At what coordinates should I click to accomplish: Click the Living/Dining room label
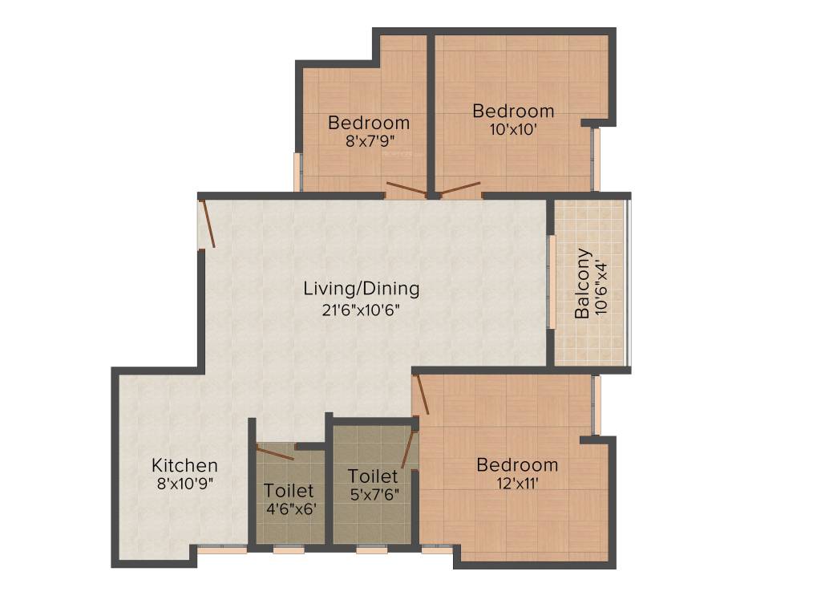click(x=361, y=288)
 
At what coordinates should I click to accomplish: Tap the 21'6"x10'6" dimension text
click(x=361, y=309)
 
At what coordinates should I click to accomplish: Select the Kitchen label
click(x=184, y=465)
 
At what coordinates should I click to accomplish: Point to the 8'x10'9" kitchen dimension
click(x=184, y=484)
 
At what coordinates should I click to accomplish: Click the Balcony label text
click(x=583, y=284)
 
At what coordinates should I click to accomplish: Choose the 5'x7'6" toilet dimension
click(x=373, y=494)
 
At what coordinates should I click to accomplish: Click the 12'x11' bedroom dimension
click(x=517, y=483)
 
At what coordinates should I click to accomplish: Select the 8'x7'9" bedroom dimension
click(x=369, y=141)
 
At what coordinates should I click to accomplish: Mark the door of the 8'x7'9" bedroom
click(x=406, y=190)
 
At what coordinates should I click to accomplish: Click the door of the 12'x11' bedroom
click(x=421, y=393)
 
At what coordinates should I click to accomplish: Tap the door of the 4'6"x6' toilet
click(x=275, y=452)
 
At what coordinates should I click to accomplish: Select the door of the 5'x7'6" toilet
click(x=409, y=449)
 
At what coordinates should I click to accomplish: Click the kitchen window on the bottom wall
click(x=222, y=550)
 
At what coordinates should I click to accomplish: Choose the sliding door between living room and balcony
click(x=552, y=282)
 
